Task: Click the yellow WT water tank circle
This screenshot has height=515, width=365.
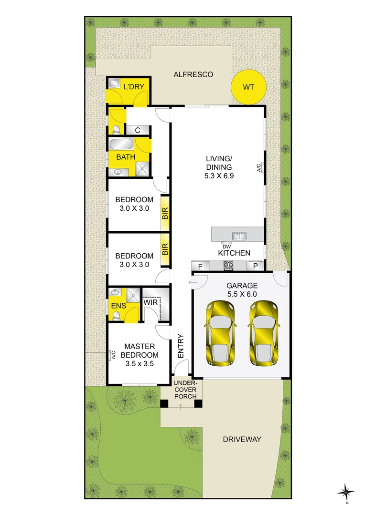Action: (248, 87)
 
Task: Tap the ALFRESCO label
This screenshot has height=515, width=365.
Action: (193, 75)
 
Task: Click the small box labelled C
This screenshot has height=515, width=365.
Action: (137, 130)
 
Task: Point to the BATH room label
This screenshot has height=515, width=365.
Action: (126, 157)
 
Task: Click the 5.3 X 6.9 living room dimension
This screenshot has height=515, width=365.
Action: (219, 175)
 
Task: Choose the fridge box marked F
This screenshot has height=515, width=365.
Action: (200, 266)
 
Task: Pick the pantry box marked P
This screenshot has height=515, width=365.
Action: (256, 266)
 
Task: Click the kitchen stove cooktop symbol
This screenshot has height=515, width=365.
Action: (228, 266)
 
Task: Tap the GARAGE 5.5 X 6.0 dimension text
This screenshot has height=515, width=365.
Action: (242, 294)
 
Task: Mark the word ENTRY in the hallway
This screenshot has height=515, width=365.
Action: (181, 346)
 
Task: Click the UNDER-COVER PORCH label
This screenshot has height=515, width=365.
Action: (181, 390)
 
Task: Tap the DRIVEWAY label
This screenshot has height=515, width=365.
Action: (242, 439)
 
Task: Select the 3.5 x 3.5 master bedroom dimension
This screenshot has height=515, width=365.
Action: (139, 363)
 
